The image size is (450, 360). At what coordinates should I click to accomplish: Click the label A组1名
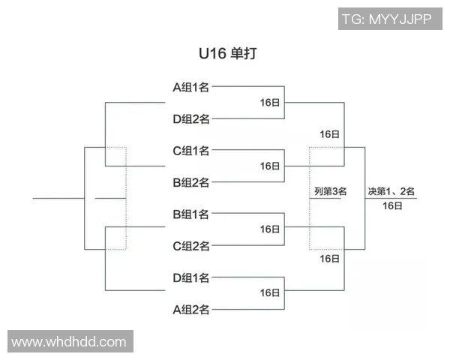click(x=190, y=87)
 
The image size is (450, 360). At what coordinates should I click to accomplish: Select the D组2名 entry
click(x=190, y=118)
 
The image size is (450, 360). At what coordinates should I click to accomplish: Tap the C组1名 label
click(x=190, y=151)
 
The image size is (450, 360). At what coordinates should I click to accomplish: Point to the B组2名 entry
click(x=190, y=182)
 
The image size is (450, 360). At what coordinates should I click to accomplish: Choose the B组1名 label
click(x=190, y=214)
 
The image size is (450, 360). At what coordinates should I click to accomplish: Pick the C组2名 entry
click(x=190, y=246)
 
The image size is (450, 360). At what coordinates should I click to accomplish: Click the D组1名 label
click(x=190, y=278)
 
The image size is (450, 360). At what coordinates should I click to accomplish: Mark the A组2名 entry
click(x=190, y=310)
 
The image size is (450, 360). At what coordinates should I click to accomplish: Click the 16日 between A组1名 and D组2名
click(x=270, y=103)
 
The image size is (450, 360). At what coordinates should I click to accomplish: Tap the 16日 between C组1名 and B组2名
click(x=270, y=166)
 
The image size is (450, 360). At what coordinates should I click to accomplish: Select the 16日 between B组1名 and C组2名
click(x=270, y=229)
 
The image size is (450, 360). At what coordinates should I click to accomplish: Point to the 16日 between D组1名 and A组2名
click(x=270, y=293)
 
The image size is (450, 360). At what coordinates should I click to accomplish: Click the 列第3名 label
click(x=330, y=191)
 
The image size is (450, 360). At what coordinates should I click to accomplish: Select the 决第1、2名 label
click(x=391, y=191)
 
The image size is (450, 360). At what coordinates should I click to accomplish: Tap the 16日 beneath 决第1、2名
click(x=391, y=205)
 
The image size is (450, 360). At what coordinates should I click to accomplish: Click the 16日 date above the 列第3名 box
click(x=329, y=134)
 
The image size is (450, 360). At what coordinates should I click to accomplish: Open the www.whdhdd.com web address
click(x=70, y=342)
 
